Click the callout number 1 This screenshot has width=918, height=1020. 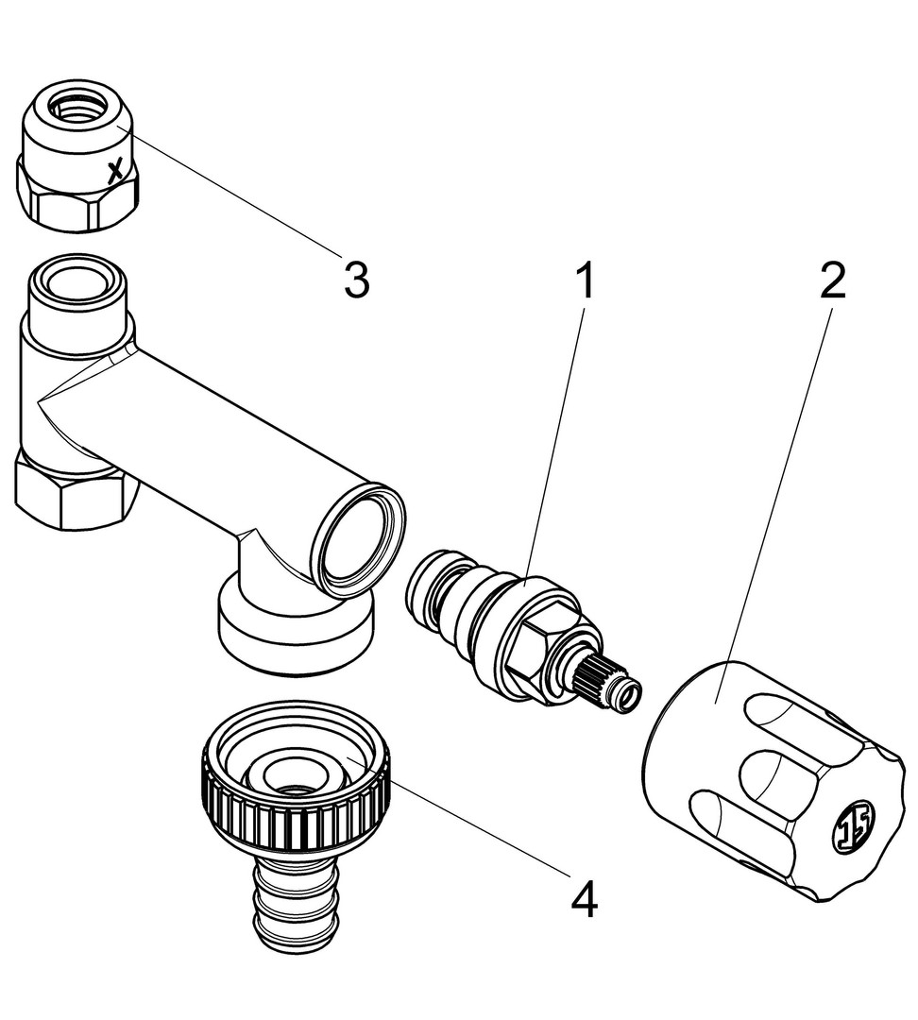point(586,281)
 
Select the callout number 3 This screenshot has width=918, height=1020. point(355,280)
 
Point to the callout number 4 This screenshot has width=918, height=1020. point(585,900)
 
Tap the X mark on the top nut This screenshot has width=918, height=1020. point(115,171)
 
